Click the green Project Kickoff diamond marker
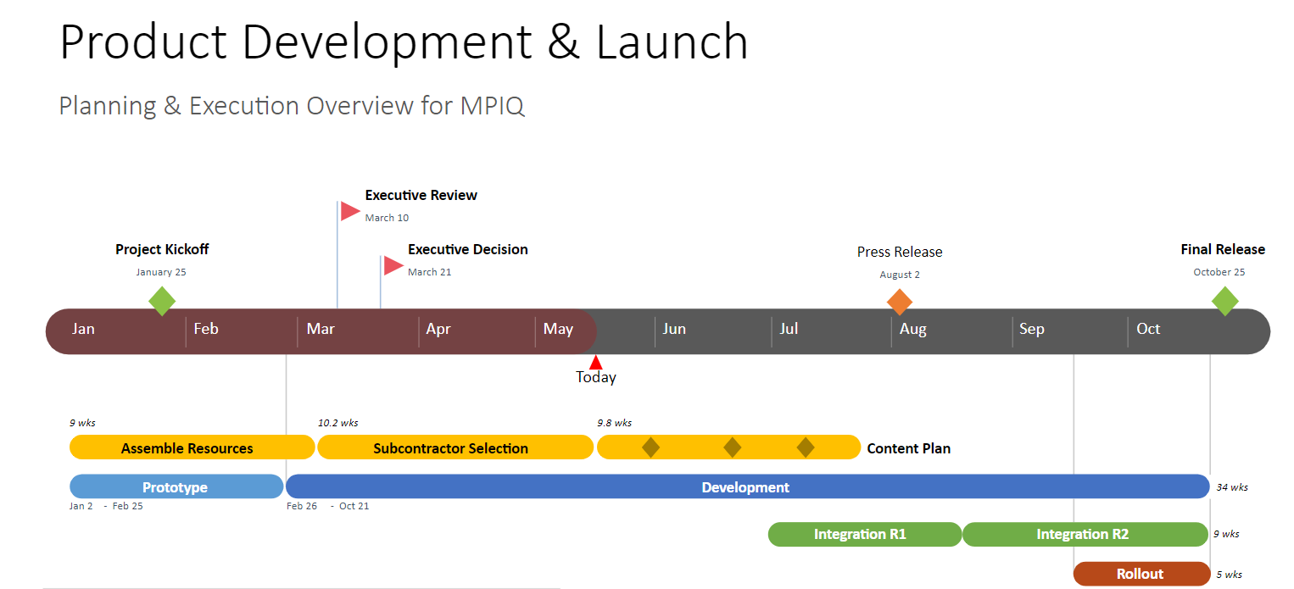coord(162,301)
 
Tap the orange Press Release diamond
coord(899,302)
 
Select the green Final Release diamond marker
coord(1224,301)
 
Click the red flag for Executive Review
coord(349,211)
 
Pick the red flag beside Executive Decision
coord(393,265)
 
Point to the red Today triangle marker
coord(595,363)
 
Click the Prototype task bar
coord(176,487)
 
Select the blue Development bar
coord(746,487)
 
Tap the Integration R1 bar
coord(863,535)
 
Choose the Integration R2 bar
coord(1083,535)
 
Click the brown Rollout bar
coord(1141,574)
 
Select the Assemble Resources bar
coord(187,448)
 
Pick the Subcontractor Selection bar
coord(451,448)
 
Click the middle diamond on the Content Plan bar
coord(732,447)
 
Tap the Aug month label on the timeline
coord(913,329)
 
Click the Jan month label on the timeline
coord(83,329)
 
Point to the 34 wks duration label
coord(1232,487)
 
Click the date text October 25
coord(1219,272)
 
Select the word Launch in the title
coord(672,42)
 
